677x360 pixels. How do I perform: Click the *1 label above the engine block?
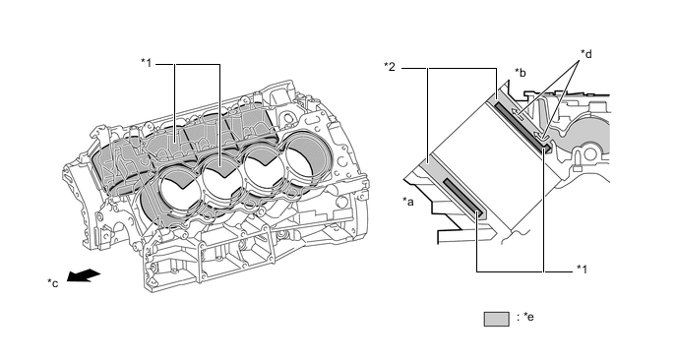click(x=148, y=64)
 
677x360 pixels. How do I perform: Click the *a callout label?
click(x=409, y=202)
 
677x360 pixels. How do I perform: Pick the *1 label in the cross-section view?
click(x=585, y=269)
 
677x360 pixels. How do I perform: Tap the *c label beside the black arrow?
click(x=54, y=283)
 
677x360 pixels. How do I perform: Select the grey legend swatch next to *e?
click(x=495, y=319)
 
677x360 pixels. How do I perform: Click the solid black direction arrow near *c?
click(x=87, y=276)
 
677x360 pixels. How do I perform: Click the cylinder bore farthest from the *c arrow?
click(x=302, y=157)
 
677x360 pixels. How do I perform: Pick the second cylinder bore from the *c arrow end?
click(x=222, y=179)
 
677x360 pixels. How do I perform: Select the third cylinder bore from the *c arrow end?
click(x=264, y=168)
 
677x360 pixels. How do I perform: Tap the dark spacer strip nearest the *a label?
click(x=462, y=198)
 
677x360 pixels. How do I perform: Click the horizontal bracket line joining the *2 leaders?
click(x=462, y=68)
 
